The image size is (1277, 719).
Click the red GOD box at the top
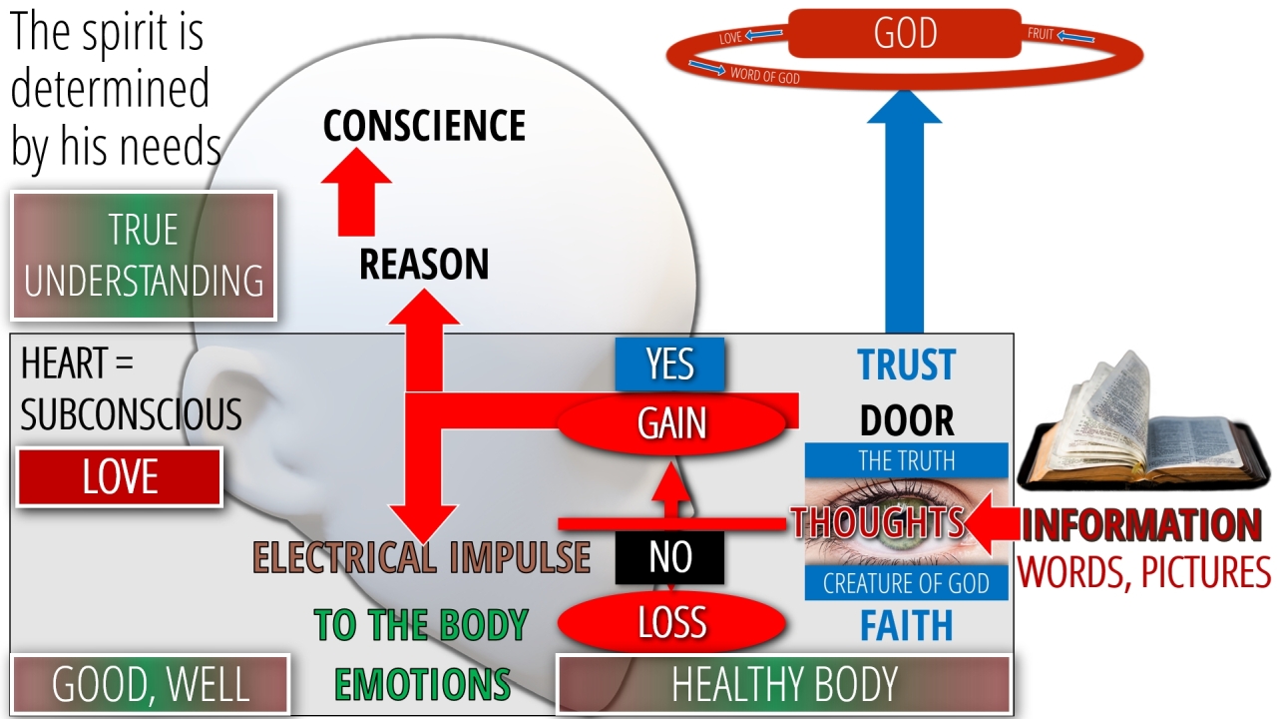pos(905,33)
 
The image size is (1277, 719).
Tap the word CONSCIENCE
pos(424,126)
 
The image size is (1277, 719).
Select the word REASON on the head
pos(424,265)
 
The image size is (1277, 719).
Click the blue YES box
pos(669,364)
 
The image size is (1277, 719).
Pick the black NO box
pos(669,557)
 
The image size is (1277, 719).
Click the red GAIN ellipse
pos(672,424)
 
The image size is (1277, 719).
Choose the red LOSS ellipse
pos(671,623)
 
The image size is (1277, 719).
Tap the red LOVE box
pos(120,477)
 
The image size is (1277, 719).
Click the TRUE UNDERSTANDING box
pos(144,256)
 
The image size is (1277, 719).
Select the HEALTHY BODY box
pos(784,685)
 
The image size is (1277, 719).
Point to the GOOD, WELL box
pos(150,685)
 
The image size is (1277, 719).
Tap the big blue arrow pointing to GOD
pos(904,220)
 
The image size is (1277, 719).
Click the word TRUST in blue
pos(906,365)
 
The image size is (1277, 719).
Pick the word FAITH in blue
pos(906,626)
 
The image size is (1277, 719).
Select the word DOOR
pos(906,421)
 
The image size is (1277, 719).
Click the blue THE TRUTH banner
pos(906,460)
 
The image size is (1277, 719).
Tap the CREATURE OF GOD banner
pos(906,584)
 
